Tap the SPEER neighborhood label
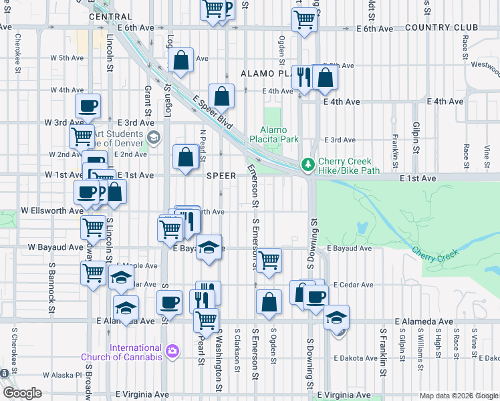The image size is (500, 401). coord(221,176)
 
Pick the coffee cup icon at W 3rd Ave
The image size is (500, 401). coord(88,106)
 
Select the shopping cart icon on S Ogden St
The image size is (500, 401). coord(269,260)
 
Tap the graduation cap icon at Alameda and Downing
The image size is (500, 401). coord(336,316)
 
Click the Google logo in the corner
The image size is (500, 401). coord(22,393)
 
